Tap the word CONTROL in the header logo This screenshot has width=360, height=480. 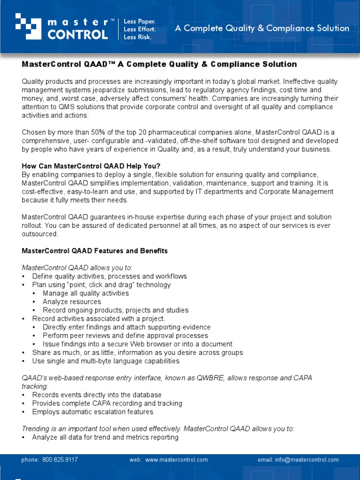coord(77,34)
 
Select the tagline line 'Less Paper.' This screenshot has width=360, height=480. coord(139,22)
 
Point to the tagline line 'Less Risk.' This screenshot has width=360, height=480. coord(137,37)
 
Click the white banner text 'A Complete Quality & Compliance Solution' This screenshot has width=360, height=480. coord(262,28)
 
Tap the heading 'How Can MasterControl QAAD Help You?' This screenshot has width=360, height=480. coord(91,166)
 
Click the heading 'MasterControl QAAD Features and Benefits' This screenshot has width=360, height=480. coord(95,251)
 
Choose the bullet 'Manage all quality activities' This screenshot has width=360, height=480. coord(85,293)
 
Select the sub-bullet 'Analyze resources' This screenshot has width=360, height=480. coord(72,302)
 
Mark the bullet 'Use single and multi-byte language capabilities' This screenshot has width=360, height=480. coord(105,361)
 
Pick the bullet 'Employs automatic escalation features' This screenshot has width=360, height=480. coord(92,412)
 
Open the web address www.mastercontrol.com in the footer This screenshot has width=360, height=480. coord(176,460)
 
